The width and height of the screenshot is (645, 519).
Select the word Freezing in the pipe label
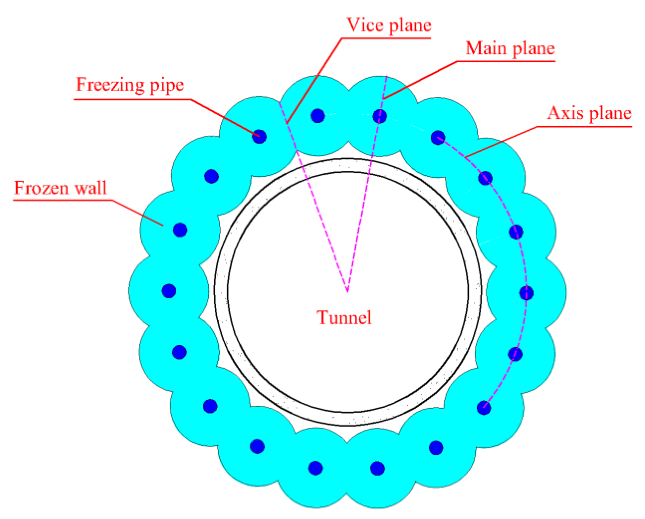pos(110,85)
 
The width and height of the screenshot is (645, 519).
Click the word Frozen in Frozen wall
pos(41,188)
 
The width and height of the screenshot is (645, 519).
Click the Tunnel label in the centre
pos(344,317)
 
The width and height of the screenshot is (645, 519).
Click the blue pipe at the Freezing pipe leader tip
pos(259,136)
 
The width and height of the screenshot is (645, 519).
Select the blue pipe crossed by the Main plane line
pos(380,116)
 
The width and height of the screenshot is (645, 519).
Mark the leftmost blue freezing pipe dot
pos(169,291)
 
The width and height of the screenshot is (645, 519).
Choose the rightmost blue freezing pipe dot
pos(526,293)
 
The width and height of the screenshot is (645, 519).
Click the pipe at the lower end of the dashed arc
pos(484,408)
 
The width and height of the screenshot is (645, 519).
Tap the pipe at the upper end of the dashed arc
pos(438,138)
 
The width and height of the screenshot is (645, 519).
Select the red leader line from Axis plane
pos(500,141)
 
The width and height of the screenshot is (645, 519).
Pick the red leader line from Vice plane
pos(315,80)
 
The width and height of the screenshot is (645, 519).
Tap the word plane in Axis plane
pos(611,114)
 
